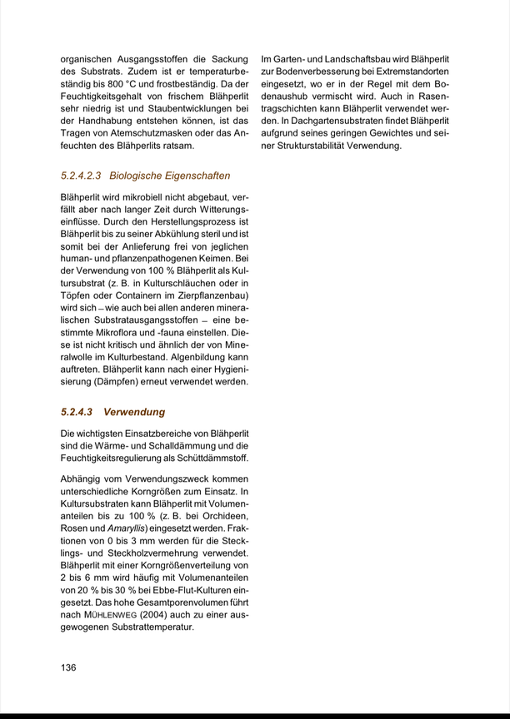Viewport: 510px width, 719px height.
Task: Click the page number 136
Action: click(68, 667)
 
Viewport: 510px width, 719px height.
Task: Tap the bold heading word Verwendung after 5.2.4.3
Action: click(134, 412)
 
